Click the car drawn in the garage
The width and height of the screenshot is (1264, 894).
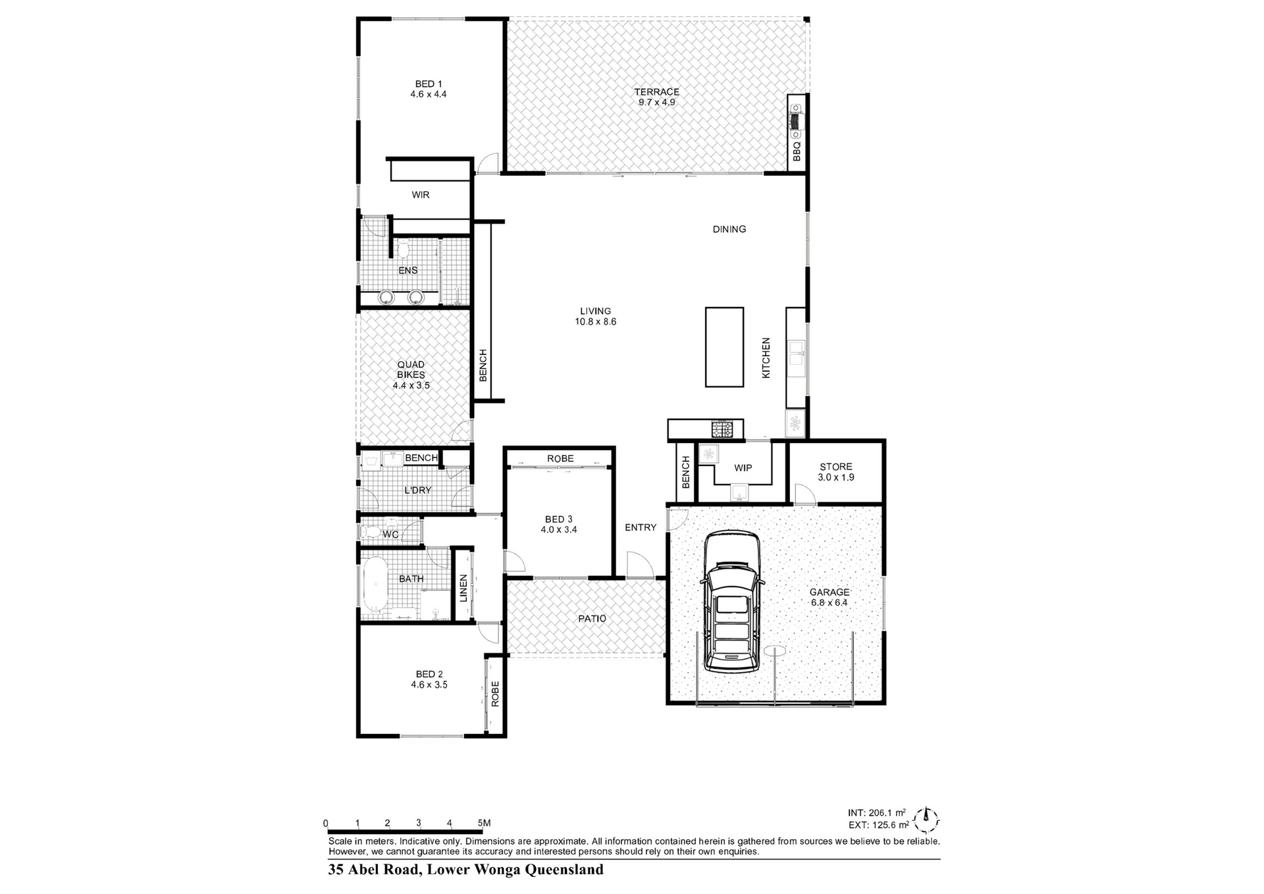(x=732, y=602)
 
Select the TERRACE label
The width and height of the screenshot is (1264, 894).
(x=656, y=92)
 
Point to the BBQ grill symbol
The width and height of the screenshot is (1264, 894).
(x=797, y=122)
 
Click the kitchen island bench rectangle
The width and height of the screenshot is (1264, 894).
(x=725, y=347)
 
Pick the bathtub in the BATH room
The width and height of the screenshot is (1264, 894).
(x=375, y=586)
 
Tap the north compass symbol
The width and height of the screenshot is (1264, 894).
(x=926, y=820)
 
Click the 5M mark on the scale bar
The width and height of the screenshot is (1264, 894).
(x=484, y=823)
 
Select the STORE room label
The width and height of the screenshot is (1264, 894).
(x=836, y=467)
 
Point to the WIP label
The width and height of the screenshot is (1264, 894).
(x=743, y=468)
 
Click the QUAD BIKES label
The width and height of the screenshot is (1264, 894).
(x=411, y=369)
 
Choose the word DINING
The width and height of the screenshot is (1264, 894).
(x=729, y=229)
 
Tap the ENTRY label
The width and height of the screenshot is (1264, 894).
(x=641, y=527)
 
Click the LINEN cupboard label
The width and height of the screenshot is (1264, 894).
(x=463, y=588)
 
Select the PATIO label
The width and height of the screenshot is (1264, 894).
(x=592, y=618)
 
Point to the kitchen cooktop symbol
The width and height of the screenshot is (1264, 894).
(x=722, y=430)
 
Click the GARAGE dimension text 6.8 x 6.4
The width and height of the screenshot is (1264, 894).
(x=829, y=602)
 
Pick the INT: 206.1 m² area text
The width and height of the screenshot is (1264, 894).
(x=876, y=813)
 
